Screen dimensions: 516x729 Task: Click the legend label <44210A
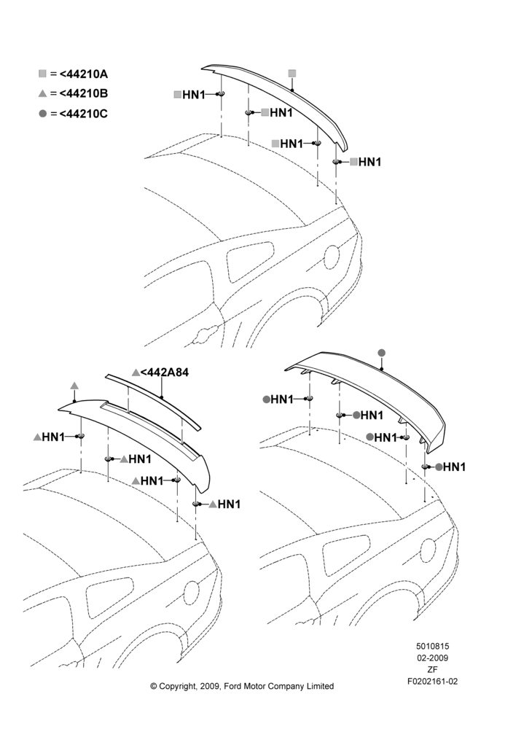(x=84, y=74)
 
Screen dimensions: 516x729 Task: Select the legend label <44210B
(x=84, y=93)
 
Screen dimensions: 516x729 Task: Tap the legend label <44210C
(x=84, y=114)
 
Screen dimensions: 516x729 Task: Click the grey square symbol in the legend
(x=43, y=74)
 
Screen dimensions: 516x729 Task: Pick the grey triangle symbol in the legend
(x=43, y=93)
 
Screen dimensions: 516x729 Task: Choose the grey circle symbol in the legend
(x=43, y=114)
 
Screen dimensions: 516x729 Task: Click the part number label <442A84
(x=165, y=373)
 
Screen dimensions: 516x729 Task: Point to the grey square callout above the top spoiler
(x=292, y=74)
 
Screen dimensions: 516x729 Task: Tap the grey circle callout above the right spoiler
(x=382, y=353)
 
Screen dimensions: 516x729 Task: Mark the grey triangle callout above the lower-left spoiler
(x=74, y=386)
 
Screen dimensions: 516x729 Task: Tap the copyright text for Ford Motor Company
(x=242, y=686)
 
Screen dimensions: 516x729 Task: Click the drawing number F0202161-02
(x=432, y=682)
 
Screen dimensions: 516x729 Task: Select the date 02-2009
(x=432, y=658)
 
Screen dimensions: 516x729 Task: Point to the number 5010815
(x=432, y=646)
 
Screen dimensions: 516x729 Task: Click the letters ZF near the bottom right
(x=432, y=669)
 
